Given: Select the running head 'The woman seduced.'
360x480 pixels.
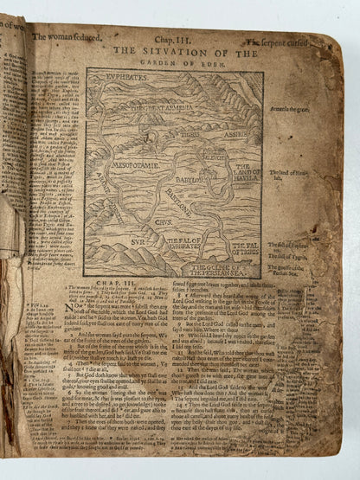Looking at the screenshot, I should (x=67, y=38).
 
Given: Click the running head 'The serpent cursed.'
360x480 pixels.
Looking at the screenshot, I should (x=276, y=41).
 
